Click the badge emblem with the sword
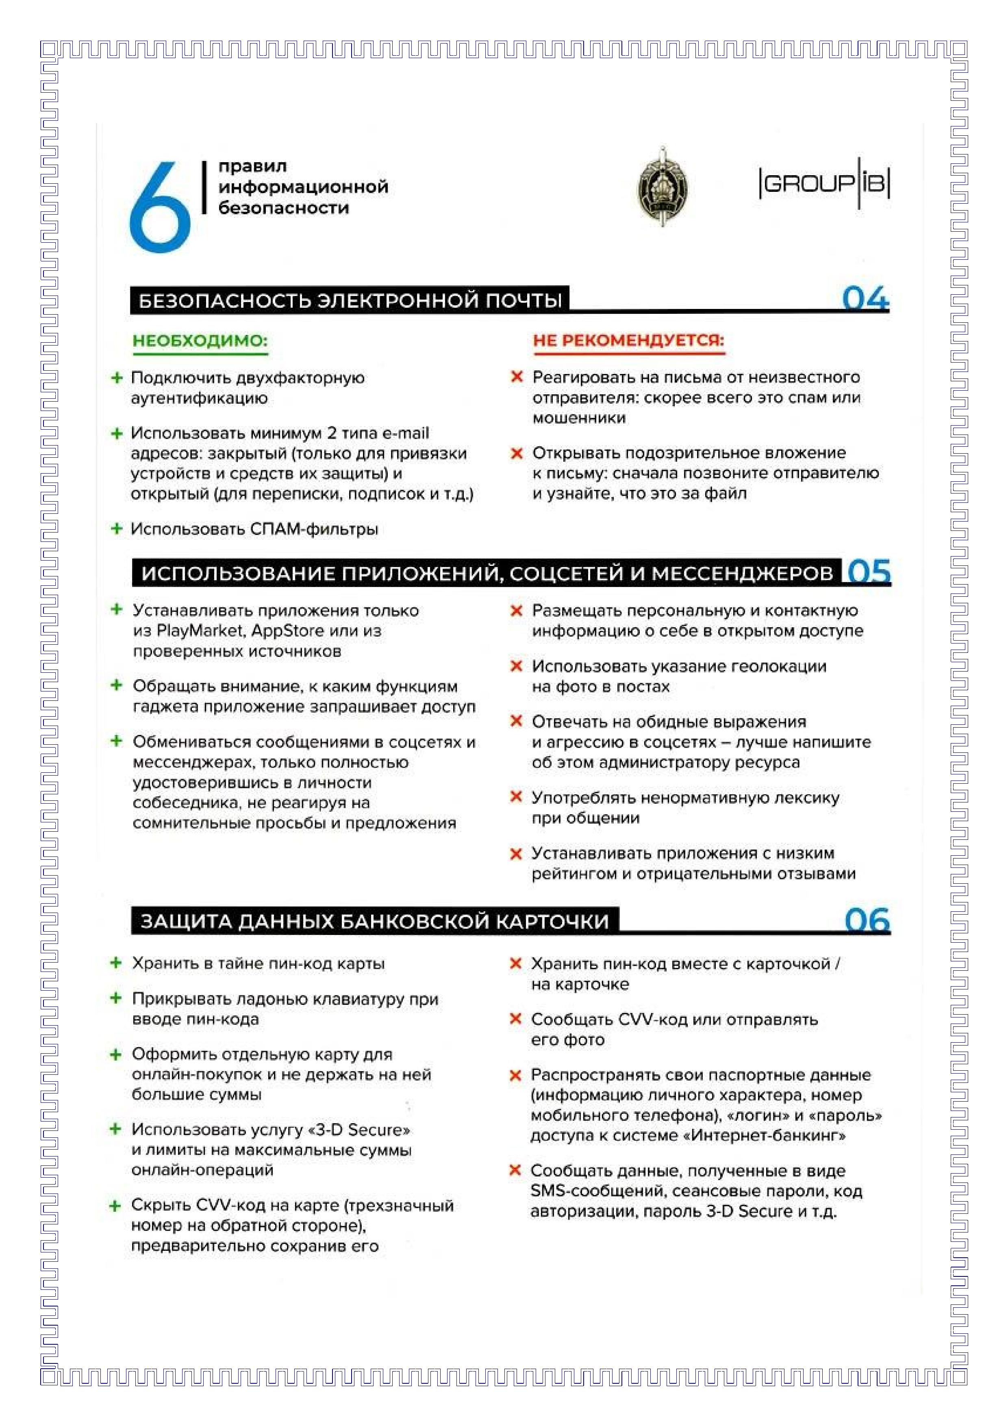(x=663, y=186)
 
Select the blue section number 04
(x=865, y=299)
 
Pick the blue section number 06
(x=867, y=920)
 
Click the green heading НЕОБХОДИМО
(x=200, y=341)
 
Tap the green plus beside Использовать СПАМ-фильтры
(x=116, y=528)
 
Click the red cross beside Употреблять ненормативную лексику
(x=515, y=797)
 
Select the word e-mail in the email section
(x=405, y=433)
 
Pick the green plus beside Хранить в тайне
(x=115, y=963)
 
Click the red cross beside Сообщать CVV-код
(x=515, y=1019)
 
